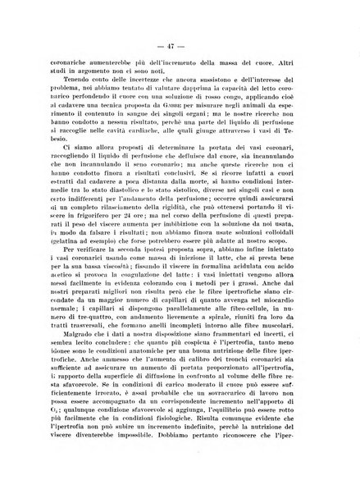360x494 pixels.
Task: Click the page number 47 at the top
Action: click(180, 40)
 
